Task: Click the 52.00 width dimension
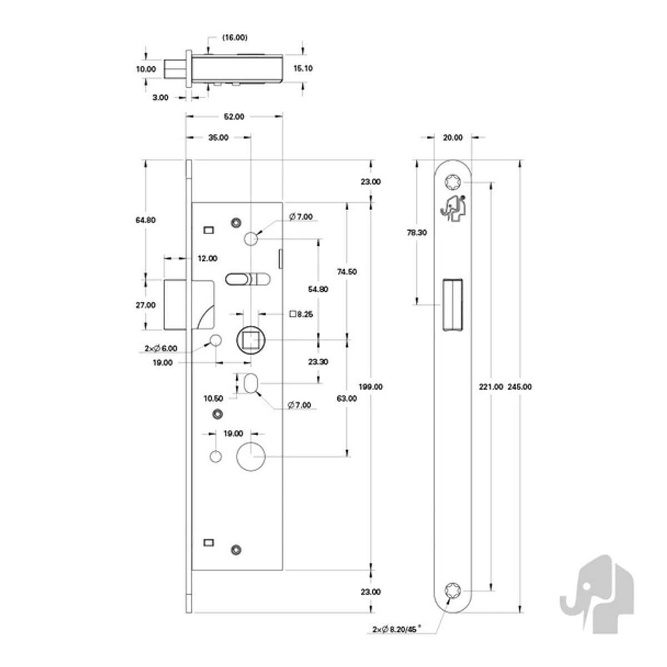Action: point(234,117)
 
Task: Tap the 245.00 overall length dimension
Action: point(520,387)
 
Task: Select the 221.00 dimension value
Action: point(491,387)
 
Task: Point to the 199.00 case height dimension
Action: point(370,387)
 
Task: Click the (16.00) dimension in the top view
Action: point(235,37)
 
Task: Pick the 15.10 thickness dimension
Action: point(303,68)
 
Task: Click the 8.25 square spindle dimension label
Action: point(301,314)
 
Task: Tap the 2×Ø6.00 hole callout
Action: point(161,348)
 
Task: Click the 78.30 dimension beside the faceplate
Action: point(417,232)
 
